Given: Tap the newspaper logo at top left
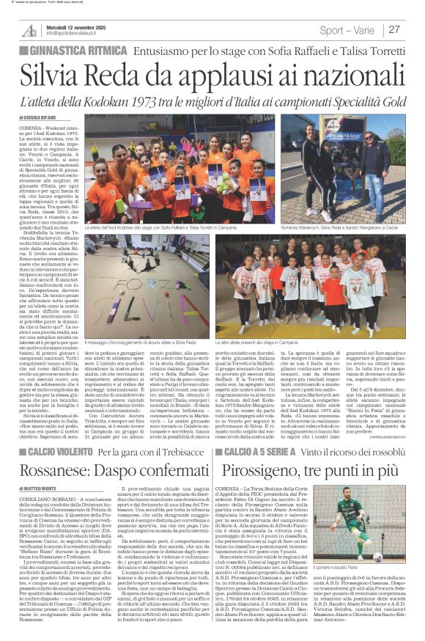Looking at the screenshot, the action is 30,30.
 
